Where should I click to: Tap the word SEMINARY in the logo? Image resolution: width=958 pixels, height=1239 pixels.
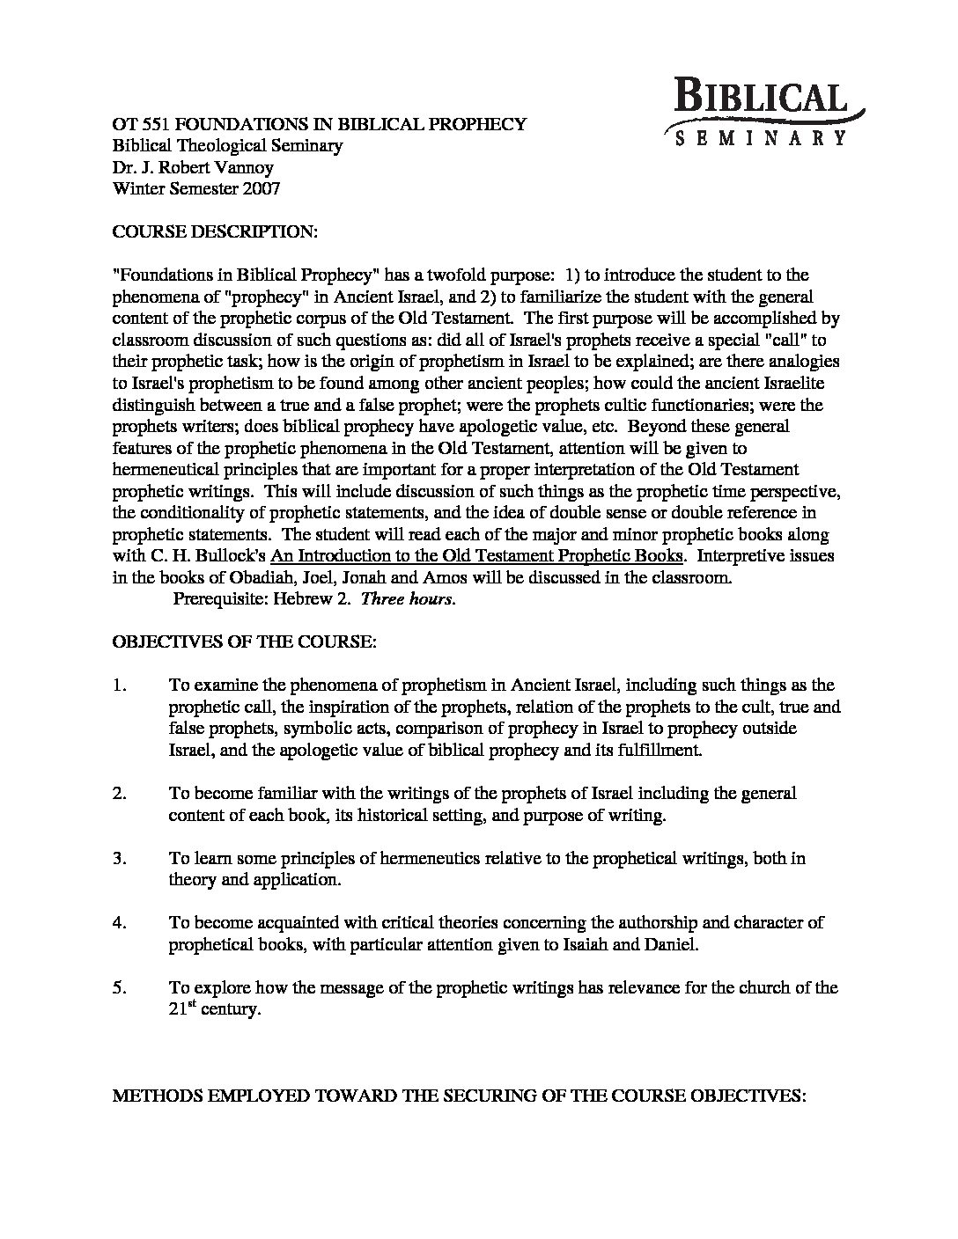760,137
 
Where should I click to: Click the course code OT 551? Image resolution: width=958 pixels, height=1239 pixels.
137,124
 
